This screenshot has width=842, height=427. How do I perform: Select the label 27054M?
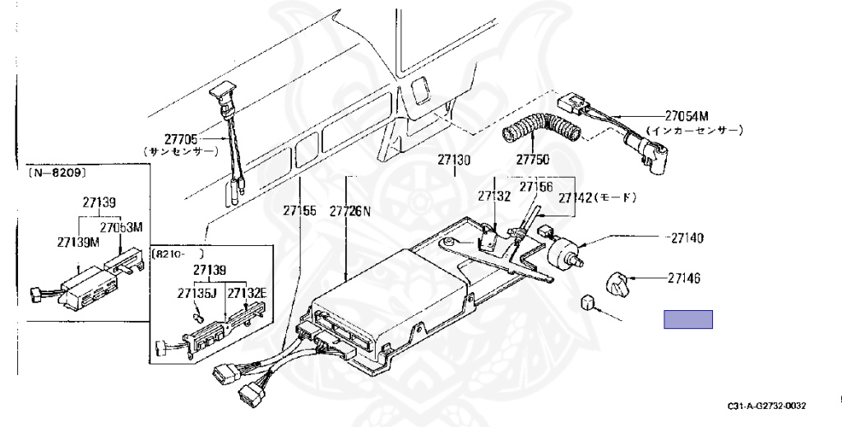click(687, 117)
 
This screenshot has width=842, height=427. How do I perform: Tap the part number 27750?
click(533, 159)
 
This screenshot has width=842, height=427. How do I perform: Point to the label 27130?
click(454, 160)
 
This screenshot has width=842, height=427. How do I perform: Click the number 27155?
click(299, 211)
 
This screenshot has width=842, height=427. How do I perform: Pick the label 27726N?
click(351, 211)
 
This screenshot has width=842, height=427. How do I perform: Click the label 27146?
click(684, 279)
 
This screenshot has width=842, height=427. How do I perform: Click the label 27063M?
click(122, 227)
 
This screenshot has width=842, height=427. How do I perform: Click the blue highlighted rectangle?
click(688, 319)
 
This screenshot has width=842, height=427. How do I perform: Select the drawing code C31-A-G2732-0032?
click(766, 406)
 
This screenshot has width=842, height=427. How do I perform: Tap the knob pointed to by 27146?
click(618, 284)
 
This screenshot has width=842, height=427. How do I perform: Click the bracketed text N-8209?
click(58, 174)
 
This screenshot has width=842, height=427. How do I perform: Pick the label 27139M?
click(79, 242)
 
